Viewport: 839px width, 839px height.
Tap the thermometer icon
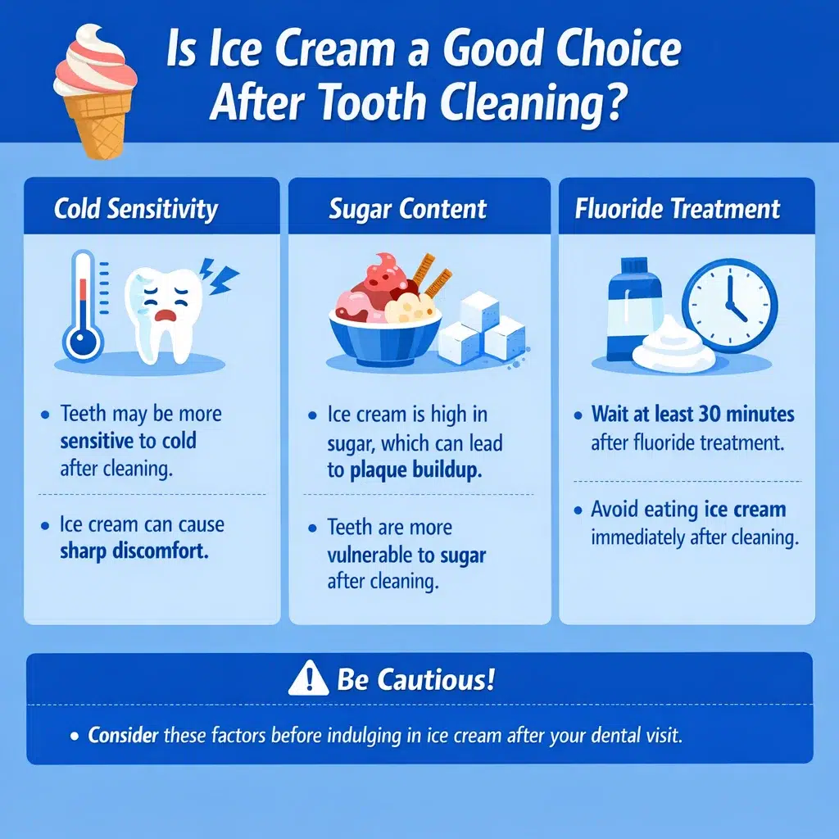pos(84,307)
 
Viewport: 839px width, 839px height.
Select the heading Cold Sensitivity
pos(136,209)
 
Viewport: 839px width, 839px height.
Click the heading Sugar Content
pos(407,209)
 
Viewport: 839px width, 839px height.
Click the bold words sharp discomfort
pos(134,551)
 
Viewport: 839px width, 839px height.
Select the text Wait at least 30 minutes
pos(692,415)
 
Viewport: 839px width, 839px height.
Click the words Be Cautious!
pos(415,681)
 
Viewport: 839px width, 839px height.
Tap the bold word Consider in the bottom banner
pos(123,735)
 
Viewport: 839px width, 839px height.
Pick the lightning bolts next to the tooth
pos(219,278)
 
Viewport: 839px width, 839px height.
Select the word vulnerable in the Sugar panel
pos(371,556)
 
